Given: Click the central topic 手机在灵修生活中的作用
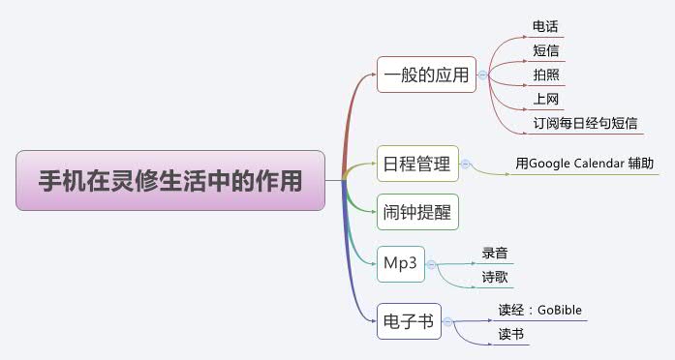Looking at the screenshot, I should [169, 180].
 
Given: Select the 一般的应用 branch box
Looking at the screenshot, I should [426, 75].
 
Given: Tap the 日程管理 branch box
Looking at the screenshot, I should [417, 165].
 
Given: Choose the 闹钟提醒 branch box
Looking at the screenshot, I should [417, 211].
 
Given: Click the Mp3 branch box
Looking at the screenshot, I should [401, 263].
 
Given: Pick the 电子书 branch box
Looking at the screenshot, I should [409, 320].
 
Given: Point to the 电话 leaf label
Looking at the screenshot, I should [545, 26].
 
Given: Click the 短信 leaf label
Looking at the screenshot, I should [545, 50].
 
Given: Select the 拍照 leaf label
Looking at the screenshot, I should [545, 75].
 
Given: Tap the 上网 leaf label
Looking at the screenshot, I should [545, 99].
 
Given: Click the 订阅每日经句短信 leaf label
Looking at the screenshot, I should [585, 123].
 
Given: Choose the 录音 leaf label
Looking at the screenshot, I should [495, 253].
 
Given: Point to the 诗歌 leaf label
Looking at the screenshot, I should [495, 277].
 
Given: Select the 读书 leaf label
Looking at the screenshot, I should [510, 335].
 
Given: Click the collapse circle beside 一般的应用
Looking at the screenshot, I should [482, 75].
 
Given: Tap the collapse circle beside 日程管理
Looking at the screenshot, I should [465, 165].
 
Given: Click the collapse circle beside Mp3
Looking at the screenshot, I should [431, 263].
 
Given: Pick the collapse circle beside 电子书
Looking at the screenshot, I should [447, 320].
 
